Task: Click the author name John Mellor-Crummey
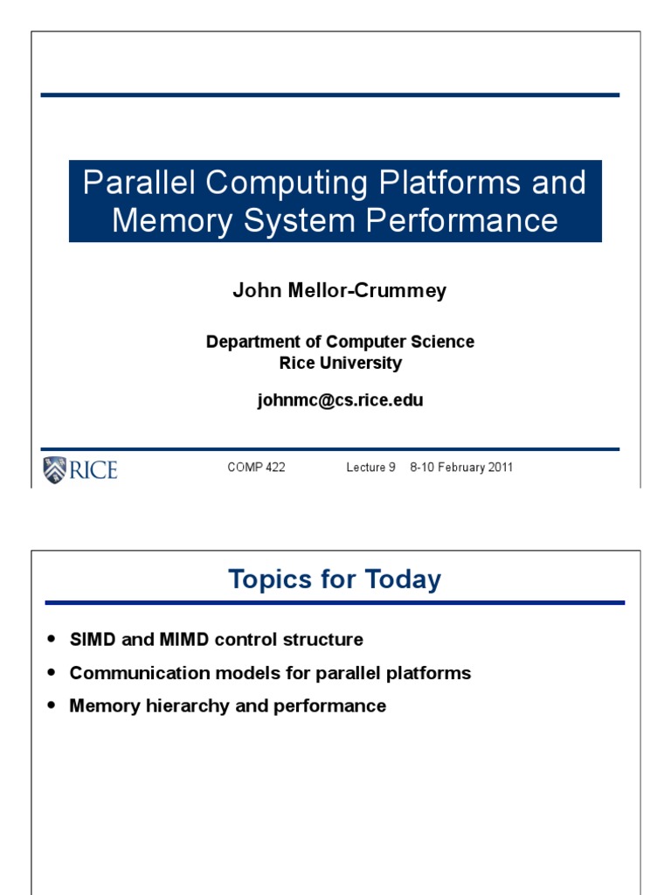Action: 339,291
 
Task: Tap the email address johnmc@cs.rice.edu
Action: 340,400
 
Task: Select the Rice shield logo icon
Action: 54,469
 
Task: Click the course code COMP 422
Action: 256,468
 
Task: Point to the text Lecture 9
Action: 370,468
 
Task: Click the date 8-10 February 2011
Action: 461,468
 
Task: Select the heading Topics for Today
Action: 335,579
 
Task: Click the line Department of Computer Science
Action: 340,342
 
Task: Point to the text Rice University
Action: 340,363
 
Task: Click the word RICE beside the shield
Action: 93,470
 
